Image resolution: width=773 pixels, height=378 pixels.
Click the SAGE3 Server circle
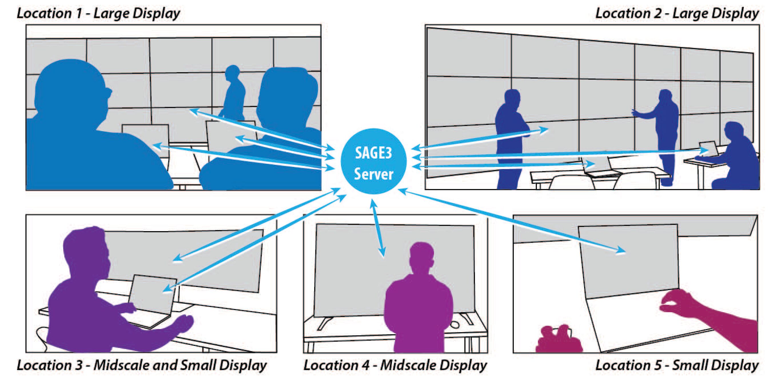pyautogui.click(x=373, y=161)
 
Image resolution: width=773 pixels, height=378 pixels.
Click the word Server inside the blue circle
pyautogui.click(x=373, y=174)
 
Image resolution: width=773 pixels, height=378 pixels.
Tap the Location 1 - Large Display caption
pyautogui.click(x=98, y=13)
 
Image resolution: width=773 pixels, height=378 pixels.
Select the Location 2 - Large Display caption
pyautogui.click(x=677, y=13)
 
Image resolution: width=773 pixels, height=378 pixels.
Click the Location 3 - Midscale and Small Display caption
pyautogui.click(x=141, y=365)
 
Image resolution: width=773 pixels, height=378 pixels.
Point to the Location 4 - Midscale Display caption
pyautogui.click(x=395, y=365)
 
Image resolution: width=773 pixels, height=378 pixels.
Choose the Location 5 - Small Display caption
pyautogui.click(x=677, y=365)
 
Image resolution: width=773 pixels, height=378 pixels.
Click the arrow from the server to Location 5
pyautogui.click(x=510, y=221)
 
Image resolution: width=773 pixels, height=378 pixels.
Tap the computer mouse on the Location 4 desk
pyautogui.click(x=455, y=324)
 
